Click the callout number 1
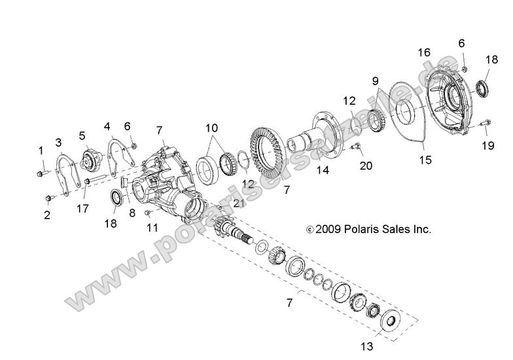(x=40, y=151)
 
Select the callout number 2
(x=47, y=214)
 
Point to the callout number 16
(x=425, y=52)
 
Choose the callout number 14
(x=321, y=171)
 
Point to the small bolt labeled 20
(x=356, y=147)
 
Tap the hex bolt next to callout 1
(x=41, y=173)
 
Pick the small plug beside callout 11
(x=150, y=213)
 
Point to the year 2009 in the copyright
(x=325, y=230)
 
